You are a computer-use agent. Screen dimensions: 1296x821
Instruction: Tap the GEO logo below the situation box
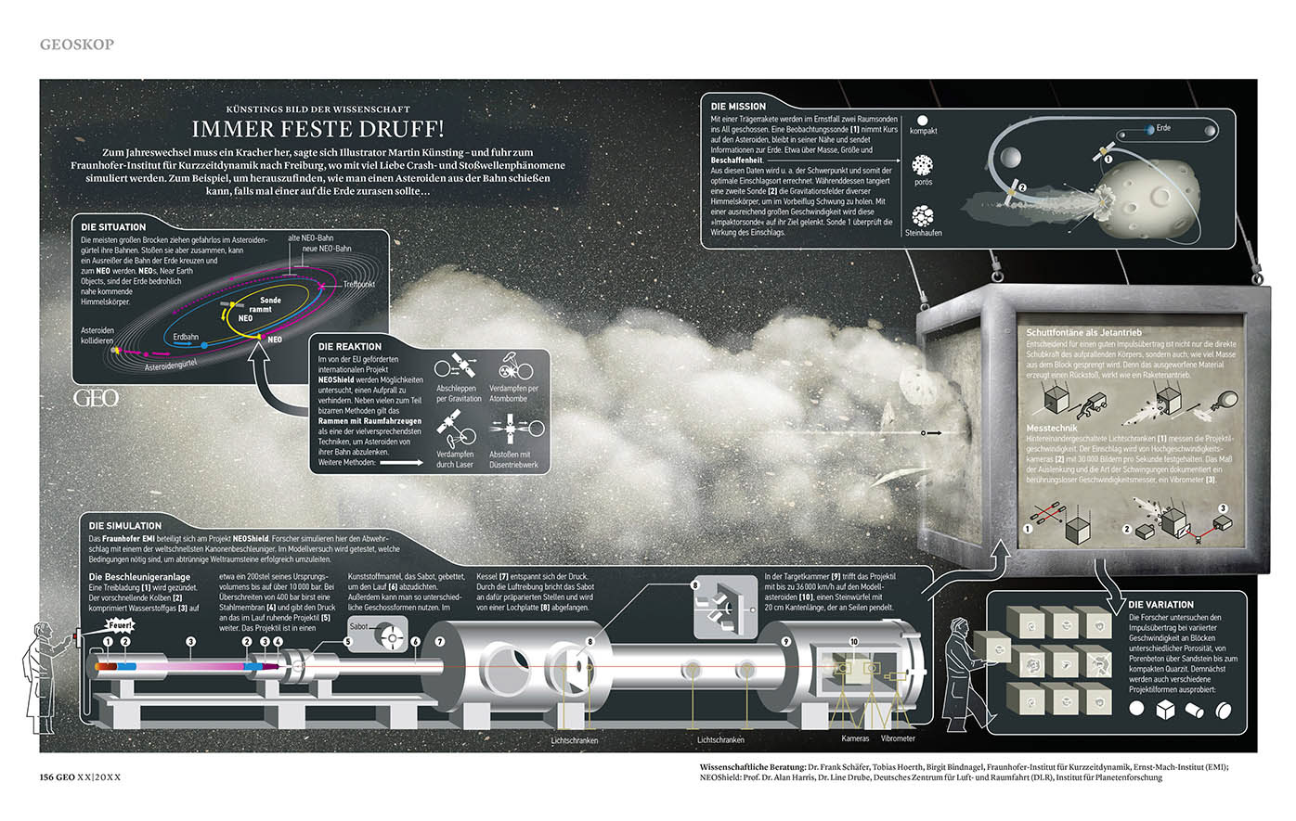point(96,398)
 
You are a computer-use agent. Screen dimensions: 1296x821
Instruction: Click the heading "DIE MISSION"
point(738,107)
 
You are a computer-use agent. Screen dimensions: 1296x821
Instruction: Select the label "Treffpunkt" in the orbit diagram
point(358,284)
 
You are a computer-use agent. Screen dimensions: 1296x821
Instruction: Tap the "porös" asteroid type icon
point(923,165)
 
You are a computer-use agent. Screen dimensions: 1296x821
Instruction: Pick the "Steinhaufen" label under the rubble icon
point(923,233)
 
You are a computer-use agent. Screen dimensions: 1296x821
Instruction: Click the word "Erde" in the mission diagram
point(1163,127)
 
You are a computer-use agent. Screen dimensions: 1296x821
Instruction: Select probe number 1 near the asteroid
point(1108,159)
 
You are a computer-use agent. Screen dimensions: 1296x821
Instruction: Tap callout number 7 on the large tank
point(440,641)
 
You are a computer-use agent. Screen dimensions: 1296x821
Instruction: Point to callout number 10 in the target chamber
point(854,641)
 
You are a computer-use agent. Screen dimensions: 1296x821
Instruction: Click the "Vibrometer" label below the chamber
point(898,738)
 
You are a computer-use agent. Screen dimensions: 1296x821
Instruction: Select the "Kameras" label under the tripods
point(855,738)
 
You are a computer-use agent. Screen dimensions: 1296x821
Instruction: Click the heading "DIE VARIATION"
point(1160,604)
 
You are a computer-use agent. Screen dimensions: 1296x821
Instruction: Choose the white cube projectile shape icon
point(1165,709)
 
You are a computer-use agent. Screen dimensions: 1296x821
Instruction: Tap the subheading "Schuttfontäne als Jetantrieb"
point(1083,332)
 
